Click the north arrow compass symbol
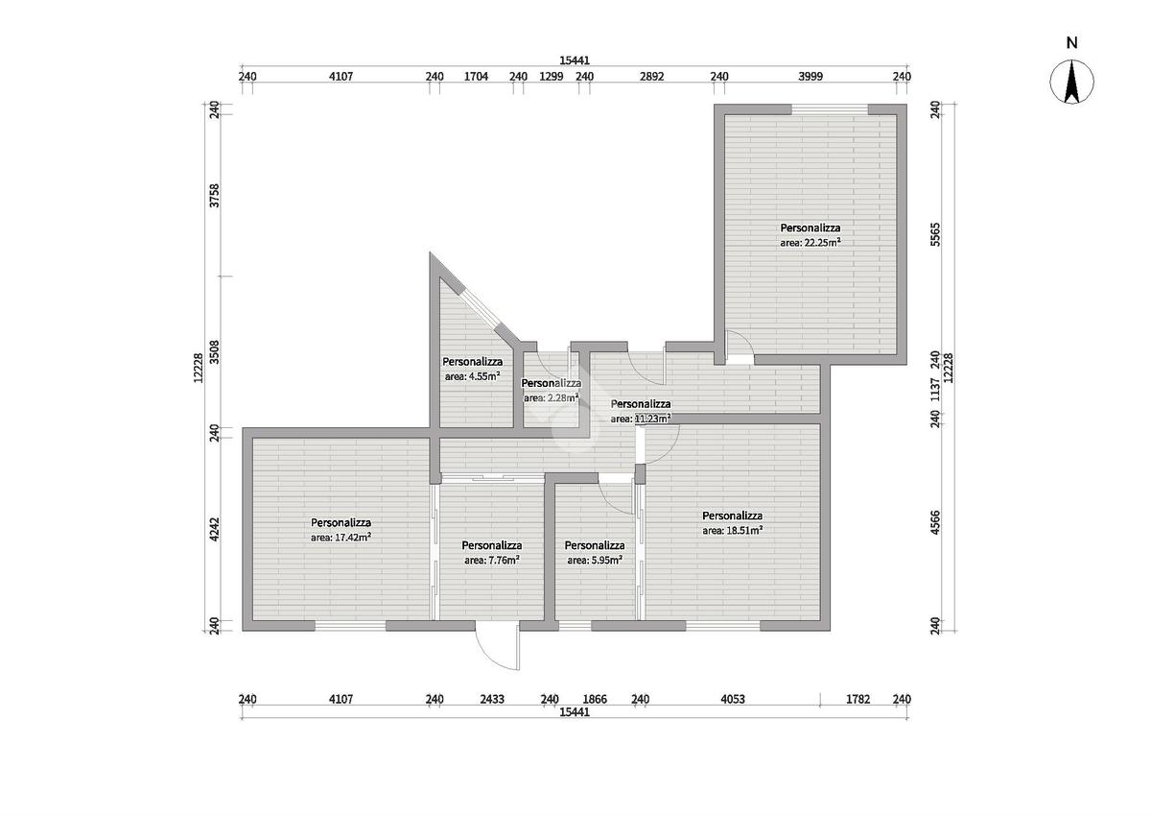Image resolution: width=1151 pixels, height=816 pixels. (1071, 83)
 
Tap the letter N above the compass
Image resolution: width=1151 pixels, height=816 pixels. (1071, 43)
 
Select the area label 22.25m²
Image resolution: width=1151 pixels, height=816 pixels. (810, 243)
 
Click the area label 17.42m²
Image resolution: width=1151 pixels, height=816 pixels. (341, 538)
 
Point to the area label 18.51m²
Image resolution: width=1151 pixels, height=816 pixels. (732, 530)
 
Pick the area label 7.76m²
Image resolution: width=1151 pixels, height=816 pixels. (492, 560)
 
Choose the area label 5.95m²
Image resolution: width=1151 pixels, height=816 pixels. (595, 560)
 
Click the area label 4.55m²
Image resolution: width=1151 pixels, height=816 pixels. (473, 376)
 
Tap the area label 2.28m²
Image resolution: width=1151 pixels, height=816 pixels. (552, 398)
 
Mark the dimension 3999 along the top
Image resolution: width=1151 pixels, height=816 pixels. (810, 77)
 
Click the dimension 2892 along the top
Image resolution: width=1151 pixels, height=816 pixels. (651, 77)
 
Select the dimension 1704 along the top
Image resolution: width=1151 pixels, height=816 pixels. (476, 77)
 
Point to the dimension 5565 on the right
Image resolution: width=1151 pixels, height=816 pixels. (935, 234)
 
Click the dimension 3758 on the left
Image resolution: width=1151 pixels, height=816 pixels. (215, 196)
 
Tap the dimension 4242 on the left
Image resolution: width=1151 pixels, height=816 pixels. (215, 529)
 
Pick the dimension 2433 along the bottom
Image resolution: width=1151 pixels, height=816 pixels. (492, 699)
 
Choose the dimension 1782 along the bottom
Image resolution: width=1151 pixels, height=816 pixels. (857, 699)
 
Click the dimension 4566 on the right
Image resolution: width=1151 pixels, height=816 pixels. (935, 522)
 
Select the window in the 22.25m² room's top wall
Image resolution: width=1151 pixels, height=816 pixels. (830, 109)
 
